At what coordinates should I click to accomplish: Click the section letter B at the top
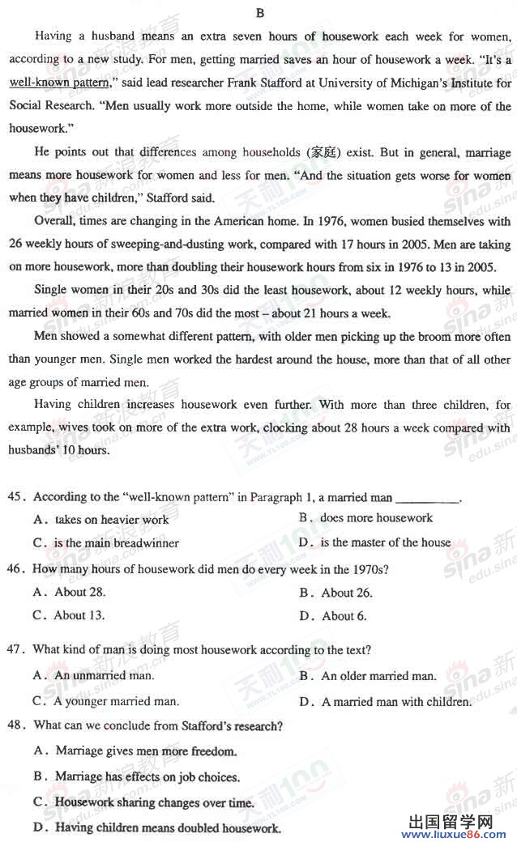[259, 12]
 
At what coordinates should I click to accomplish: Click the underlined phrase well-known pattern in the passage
[59, 83]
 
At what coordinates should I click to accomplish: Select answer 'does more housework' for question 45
[375, 518]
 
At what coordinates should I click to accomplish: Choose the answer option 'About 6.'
[344, 616]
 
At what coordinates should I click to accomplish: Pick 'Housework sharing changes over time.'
[154, 803]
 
